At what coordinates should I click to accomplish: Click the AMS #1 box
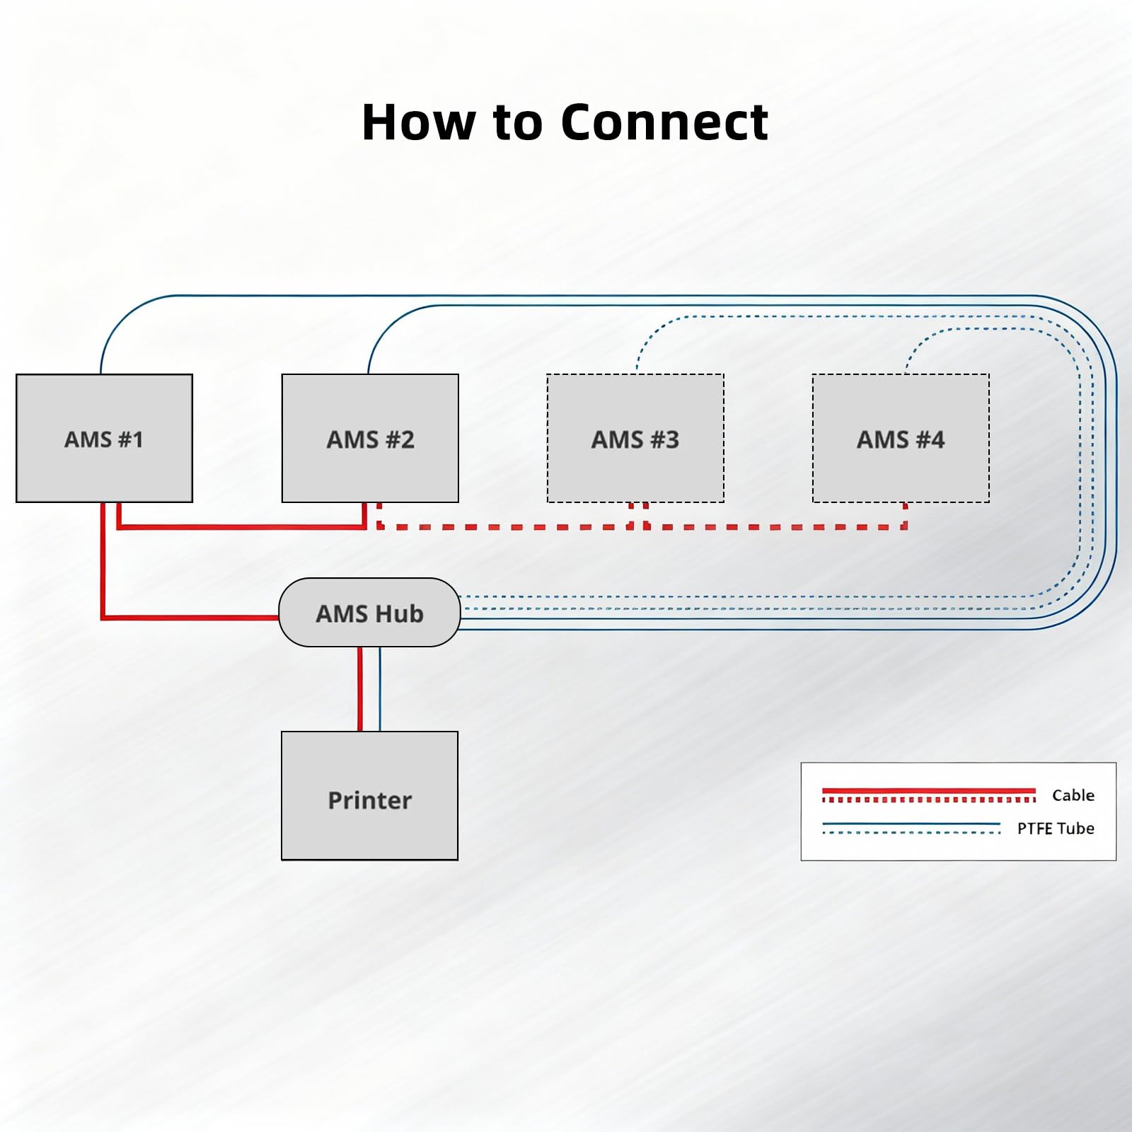(x=104, y=438)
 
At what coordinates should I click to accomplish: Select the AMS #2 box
(x=370, y=438)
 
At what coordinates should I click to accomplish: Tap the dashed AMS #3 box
(x=635, y=438)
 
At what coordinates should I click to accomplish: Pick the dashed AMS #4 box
(x=901, y=438)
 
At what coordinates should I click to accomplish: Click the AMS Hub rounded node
(x=369, y=613)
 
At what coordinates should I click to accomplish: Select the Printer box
(x=369, y=796)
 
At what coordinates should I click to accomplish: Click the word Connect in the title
(x=664, y=122)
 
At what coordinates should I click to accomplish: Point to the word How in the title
(x=419, y=122)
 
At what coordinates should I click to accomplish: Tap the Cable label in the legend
(x=1073, y=795)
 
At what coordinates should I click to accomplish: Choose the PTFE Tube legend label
(x=1056, y=828)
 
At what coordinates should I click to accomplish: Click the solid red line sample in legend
(x=928, y=791)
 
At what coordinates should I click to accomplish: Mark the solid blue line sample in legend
(x=911, y=824)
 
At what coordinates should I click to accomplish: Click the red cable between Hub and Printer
(x=360, y=689)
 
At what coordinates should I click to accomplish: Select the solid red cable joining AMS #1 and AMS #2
(x=241, y=526)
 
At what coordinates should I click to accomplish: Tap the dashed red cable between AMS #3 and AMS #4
(x=775, y=526)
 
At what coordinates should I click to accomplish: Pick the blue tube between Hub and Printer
(x=380, y=689)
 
